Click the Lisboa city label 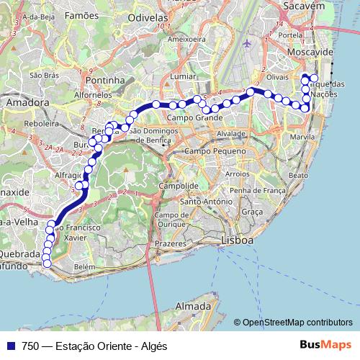pyautogui.click(x=237, y=240)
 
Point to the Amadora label pyautogui.click(x=26, y=103)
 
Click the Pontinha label pyautogui.click(x=105, y=80)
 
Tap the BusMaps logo pyautogui.click(x=325, y=346)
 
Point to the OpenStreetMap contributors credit pyautogui.click(x=298, y=323)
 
